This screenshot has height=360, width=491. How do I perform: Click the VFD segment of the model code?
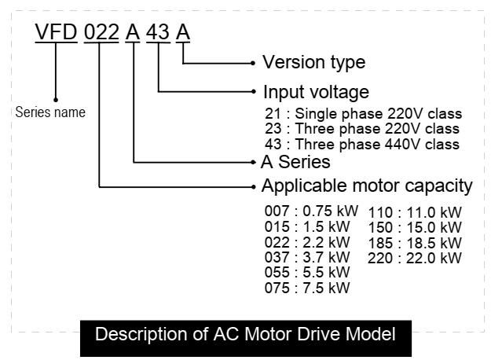pos(57,34)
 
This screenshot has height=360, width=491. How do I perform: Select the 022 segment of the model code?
pos(101,34)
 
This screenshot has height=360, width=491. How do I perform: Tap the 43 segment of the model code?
pos(159,34)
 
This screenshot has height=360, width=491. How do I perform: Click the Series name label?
pos(50,112)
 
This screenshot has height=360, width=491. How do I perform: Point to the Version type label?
pos(313,61)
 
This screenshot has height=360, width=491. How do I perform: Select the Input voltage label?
pos(316,91)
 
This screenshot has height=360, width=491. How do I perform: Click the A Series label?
pos(295,162)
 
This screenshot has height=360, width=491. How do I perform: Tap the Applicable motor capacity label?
pos(367,186)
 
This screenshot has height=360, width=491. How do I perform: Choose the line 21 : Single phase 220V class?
pos(363,113)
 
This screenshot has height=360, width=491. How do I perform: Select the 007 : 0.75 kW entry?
pos(311,211)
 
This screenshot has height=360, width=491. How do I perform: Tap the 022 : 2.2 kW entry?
pos(307,242)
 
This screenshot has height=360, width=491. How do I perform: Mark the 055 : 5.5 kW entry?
pos(307,272)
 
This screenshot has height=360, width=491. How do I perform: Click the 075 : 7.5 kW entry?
pos(307,288)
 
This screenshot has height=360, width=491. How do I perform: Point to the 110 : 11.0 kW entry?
pos(415,212)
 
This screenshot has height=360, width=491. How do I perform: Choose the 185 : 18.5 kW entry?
pos(415,242)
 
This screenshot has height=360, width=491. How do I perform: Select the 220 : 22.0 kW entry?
pos(415,258)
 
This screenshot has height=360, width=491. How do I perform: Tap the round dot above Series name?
pos(56,100)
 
